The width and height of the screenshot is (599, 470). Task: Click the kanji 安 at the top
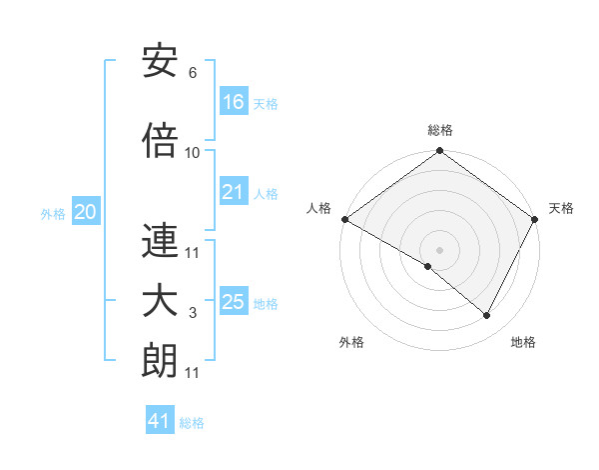pos(160,63)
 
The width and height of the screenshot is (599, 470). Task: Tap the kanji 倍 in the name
pos(160,141)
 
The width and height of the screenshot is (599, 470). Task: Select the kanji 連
pos(160,242)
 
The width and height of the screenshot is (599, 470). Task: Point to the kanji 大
pos(160,303)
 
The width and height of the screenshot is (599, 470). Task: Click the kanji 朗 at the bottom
pos(160,361)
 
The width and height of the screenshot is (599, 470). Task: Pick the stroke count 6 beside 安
pos(193,73)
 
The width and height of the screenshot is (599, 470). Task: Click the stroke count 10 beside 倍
pos(193,152)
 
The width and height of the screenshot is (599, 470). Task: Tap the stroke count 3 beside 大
pos(193,314)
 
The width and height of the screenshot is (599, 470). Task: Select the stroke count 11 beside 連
pos(193,252)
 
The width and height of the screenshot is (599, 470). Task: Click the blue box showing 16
pos(234,102)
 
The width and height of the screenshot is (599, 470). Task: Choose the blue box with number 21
pos(234,192)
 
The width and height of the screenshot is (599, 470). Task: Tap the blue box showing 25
pos(234,302)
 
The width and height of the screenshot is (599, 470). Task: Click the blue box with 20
pos(86,212)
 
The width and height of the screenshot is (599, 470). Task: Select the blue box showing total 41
pos(160,422)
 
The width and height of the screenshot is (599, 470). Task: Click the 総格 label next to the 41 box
pos(192,423)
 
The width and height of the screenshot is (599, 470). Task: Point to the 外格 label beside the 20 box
pos(53,213)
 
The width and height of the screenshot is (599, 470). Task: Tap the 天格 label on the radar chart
pos(561,208)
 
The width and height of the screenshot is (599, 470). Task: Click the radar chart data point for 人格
pos(344,219)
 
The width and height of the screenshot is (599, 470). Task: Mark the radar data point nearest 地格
pos(487,316)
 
